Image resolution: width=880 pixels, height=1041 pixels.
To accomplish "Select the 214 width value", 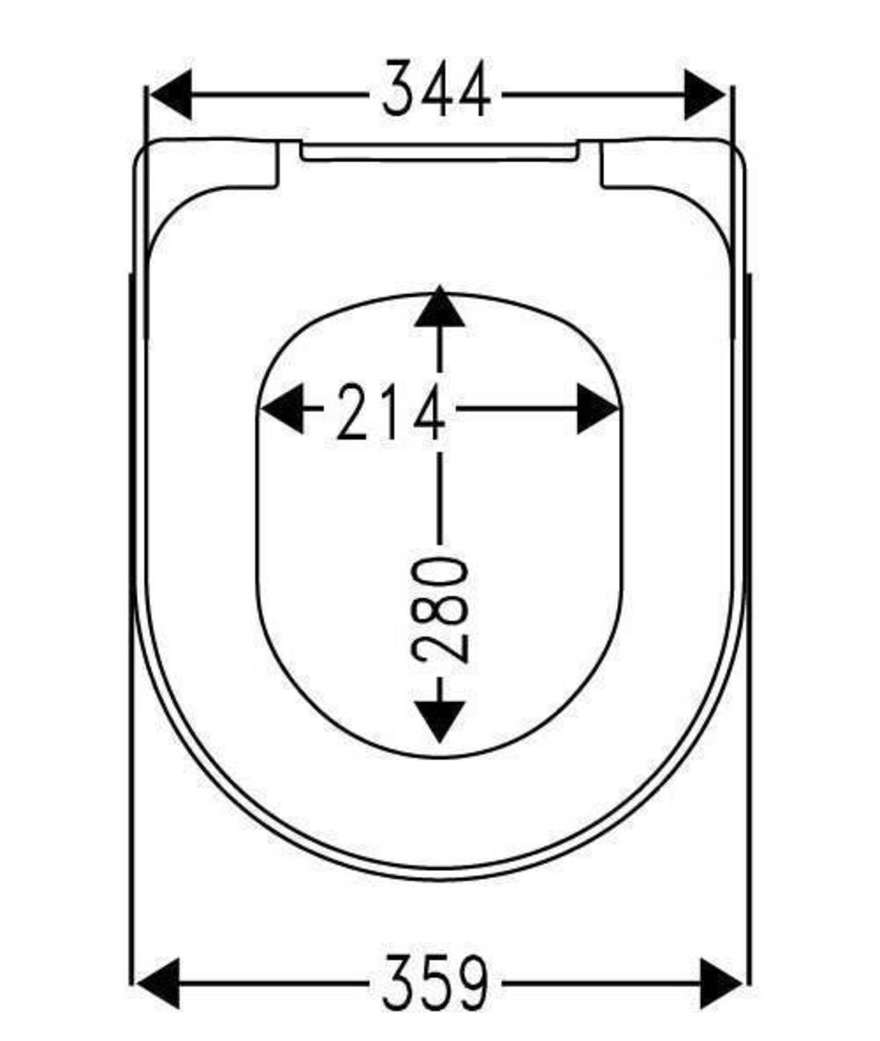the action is tap(390, 413).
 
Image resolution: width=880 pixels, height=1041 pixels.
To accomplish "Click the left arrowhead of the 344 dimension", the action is tap(171, 94).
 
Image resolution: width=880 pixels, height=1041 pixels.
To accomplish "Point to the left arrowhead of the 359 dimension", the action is tap(159, 983).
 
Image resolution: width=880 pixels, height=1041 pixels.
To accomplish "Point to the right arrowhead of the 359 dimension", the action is tap(720, 983).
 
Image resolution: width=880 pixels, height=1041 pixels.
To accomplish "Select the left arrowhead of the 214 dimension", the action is tap(281, 408).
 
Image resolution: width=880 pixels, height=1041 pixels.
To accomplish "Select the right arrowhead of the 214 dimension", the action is tap(597, 408).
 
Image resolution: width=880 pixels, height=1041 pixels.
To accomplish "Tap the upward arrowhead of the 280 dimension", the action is tap(439, 308).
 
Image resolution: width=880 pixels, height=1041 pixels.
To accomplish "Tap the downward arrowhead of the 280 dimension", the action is tap(439, 721).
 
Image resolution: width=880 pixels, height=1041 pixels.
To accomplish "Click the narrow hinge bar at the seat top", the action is tap(439, 152).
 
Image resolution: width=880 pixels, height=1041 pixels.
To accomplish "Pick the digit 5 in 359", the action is tap(436, 983).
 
